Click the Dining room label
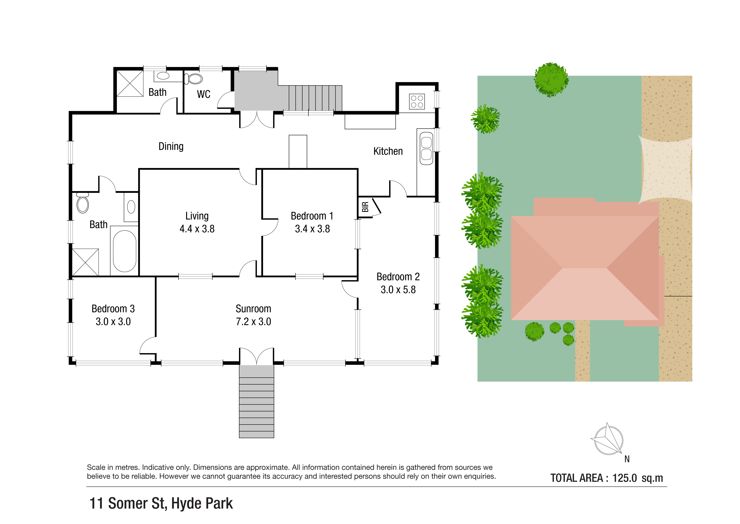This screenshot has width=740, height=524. [x=171, y=147]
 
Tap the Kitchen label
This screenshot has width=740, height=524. [x=388, y=151]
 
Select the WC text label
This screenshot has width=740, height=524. [x=204, y=94]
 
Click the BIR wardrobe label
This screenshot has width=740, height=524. [x=365, y=207]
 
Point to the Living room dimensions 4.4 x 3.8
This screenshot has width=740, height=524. [x=197, y=229]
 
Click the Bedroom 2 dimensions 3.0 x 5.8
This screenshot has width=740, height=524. [x=398, y=290]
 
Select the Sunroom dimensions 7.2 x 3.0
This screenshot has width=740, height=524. [x=253, y=322]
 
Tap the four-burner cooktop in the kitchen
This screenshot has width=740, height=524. [x=417, y=101]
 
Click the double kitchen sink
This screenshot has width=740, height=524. [x=426, y=149]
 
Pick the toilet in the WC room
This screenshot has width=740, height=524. [x=193, y=79]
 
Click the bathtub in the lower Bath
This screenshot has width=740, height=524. [x=124, y=251]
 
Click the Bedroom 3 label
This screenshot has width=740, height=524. [x=113, y=309]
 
